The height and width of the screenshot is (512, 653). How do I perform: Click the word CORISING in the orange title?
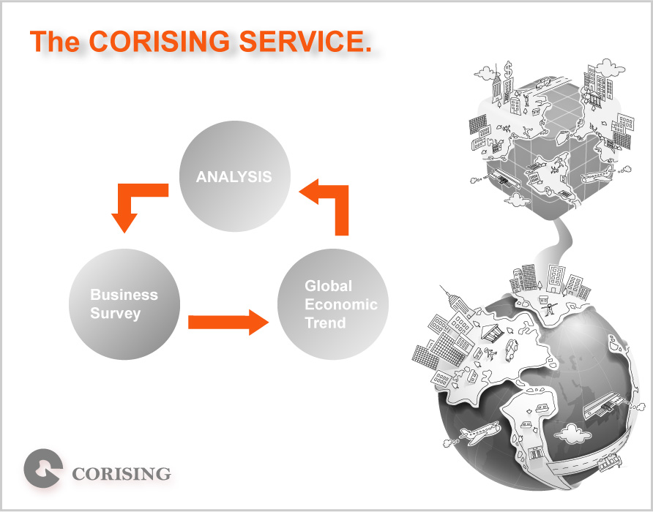[x=160, y=41]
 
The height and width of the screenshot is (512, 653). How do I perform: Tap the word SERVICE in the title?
[x=305, y=41]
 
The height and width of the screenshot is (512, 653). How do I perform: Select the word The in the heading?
[x=55, y=41]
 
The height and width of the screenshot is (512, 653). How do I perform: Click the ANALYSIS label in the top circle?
[x=234, y=176]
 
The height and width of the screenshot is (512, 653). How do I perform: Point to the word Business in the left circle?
[x=124, y=295]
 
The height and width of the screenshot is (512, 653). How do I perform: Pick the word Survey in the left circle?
[x=116, y=314]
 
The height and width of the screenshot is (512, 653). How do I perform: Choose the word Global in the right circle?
[x=328, y=286]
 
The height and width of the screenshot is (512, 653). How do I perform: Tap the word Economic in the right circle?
[x=341, y=304]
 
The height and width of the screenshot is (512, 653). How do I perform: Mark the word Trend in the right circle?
[x=325, y=323]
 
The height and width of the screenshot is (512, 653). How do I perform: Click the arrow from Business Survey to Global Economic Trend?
[x=228, y=322]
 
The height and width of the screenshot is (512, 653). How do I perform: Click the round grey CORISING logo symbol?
[x=43, y=468]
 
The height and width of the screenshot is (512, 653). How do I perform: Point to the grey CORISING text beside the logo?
[x=122, y=474]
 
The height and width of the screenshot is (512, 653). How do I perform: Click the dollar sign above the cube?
[x=508, y=69]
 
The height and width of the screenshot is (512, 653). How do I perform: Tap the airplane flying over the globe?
[x=480, y=432]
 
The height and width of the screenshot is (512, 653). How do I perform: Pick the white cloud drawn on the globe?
[x=572, y=433]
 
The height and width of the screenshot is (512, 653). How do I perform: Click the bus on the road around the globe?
[x=610, y=463]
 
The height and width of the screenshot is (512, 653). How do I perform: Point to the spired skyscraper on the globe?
[x=456, y=303]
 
